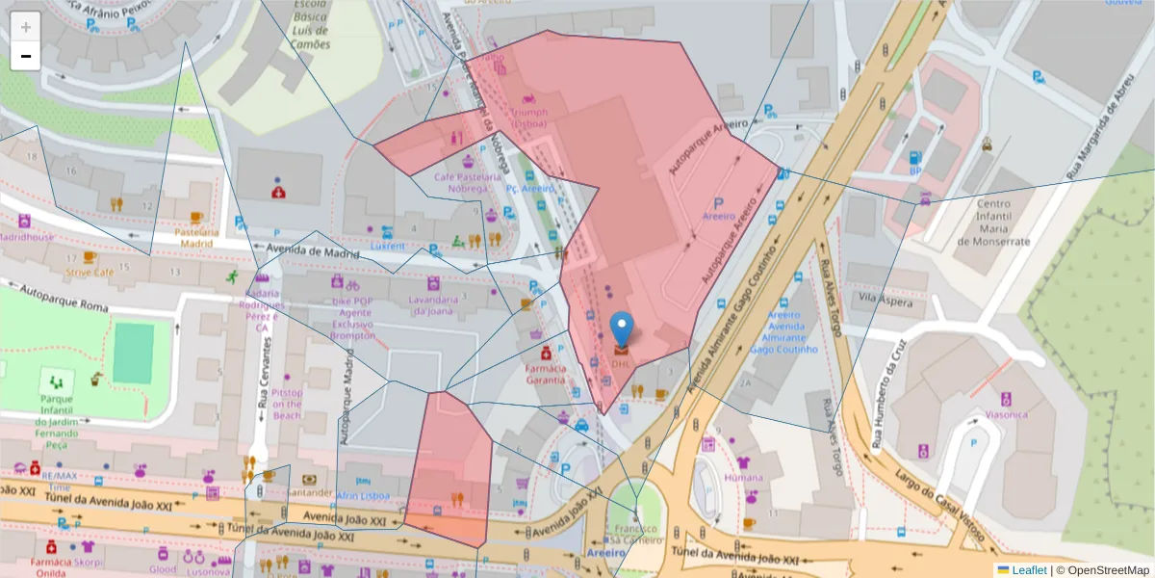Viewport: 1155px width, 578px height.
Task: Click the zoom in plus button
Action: (x=26, y=27)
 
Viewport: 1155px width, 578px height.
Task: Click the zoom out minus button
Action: (x=26, y=56)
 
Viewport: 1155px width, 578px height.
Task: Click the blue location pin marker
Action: (x=624, y=329)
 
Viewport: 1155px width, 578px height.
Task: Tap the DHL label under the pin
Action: (x=621, y=365)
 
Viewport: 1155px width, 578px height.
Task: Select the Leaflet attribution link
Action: (x=1029, y=570)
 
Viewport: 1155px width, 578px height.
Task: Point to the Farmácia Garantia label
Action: (x=545, y=374)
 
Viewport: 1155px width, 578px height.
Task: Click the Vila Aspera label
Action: (x=885, y=301)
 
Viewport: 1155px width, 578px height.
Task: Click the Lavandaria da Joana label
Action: (x=431, y=304)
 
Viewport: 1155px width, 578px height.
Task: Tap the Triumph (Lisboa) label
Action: (x=525, y=118)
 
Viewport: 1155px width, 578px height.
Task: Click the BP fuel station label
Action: (x=915, y=171)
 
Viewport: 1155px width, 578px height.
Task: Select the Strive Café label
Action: (x=90, y=273)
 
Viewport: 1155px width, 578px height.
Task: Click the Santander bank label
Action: (x=308, y=493)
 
